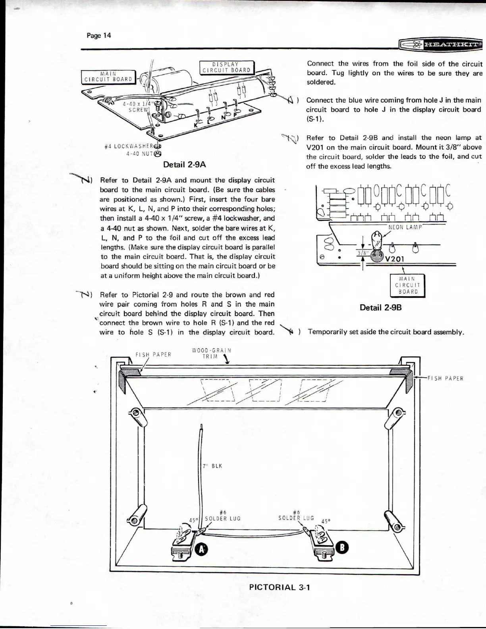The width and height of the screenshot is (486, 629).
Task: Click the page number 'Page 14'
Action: pyautogui.click(x=99, y=35)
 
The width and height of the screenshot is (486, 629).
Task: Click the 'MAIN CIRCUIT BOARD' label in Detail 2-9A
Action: pyautogui.click(x=108, y=76)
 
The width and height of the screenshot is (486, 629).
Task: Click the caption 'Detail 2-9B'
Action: pyautogui.click(x=380, y=307)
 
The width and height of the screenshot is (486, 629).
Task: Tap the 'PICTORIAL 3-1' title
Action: pyautogui.click(x=280, y=587)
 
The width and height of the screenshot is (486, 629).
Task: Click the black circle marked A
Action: pyautogui.click(x=202, y=549)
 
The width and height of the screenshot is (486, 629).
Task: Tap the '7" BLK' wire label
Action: pyautogui.click(x=212, y=466)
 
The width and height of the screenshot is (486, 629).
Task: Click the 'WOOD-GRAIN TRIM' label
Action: pyautogui.click(x=211, y=353)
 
